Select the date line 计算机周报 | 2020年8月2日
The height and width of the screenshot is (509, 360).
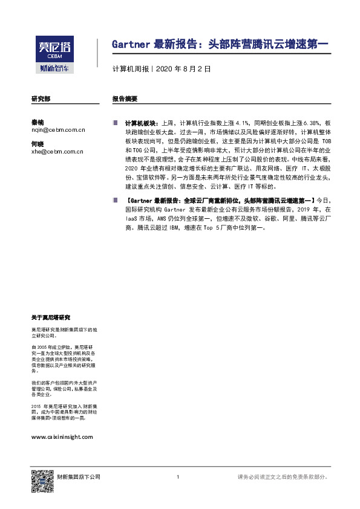point(162,70)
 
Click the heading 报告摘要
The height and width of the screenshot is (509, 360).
point(125,99)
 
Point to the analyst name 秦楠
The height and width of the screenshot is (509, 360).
point(38,122)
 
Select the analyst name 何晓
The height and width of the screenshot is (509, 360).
point(38,143)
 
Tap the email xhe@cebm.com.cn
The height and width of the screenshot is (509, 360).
point(57,152)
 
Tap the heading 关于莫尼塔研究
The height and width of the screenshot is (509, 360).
point(51,317)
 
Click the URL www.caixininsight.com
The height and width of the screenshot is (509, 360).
point(62,436)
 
